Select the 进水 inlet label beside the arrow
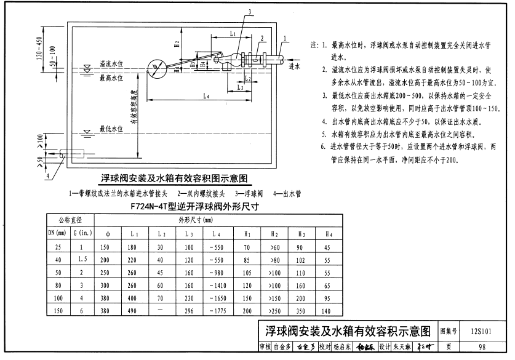pyautogui.click(x=295, y=66)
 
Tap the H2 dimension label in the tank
pyautogui.click(x=177, y=44)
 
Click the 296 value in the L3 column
pyautogui.click(x=188, y=312)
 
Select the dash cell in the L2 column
pyautogui.click(x=160, y=312)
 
